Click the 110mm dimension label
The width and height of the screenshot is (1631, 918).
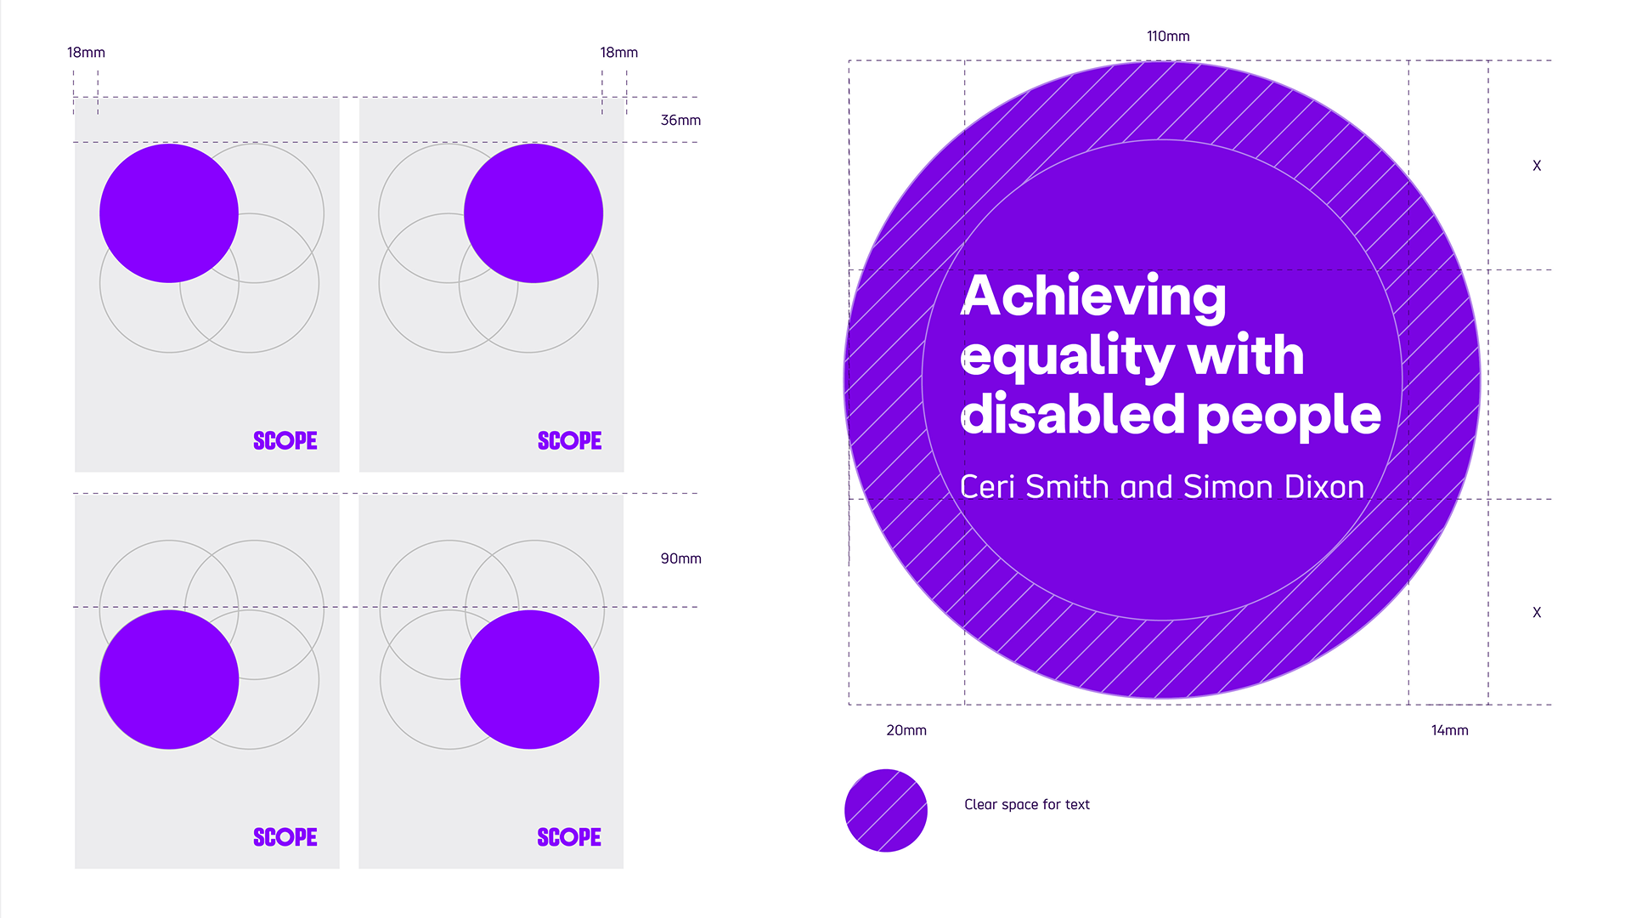1168,37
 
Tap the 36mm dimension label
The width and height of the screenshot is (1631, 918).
680,121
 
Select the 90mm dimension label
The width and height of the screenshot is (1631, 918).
680,558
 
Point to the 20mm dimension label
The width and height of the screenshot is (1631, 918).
906,730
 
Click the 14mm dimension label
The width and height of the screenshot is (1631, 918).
1449,730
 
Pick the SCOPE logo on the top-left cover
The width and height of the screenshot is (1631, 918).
285,440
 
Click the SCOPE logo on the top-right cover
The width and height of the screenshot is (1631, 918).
569,440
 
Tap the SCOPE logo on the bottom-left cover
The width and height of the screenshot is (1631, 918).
285,837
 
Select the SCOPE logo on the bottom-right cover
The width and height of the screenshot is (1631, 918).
569,837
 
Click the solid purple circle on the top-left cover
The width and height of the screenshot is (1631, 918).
169,213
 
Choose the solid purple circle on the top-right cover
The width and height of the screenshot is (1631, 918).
533,213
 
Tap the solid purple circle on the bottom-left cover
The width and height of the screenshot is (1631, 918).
169,680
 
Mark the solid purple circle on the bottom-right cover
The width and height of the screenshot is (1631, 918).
530,680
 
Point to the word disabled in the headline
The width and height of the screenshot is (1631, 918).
1073,414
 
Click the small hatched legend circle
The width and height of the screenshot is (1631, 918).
886,810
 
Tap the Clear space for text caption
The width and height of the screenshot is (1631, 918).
1027,805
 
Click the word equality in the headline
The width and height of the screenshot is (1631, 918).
1068,358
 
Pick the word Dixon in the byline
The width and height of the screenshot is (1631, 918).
1324,487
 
